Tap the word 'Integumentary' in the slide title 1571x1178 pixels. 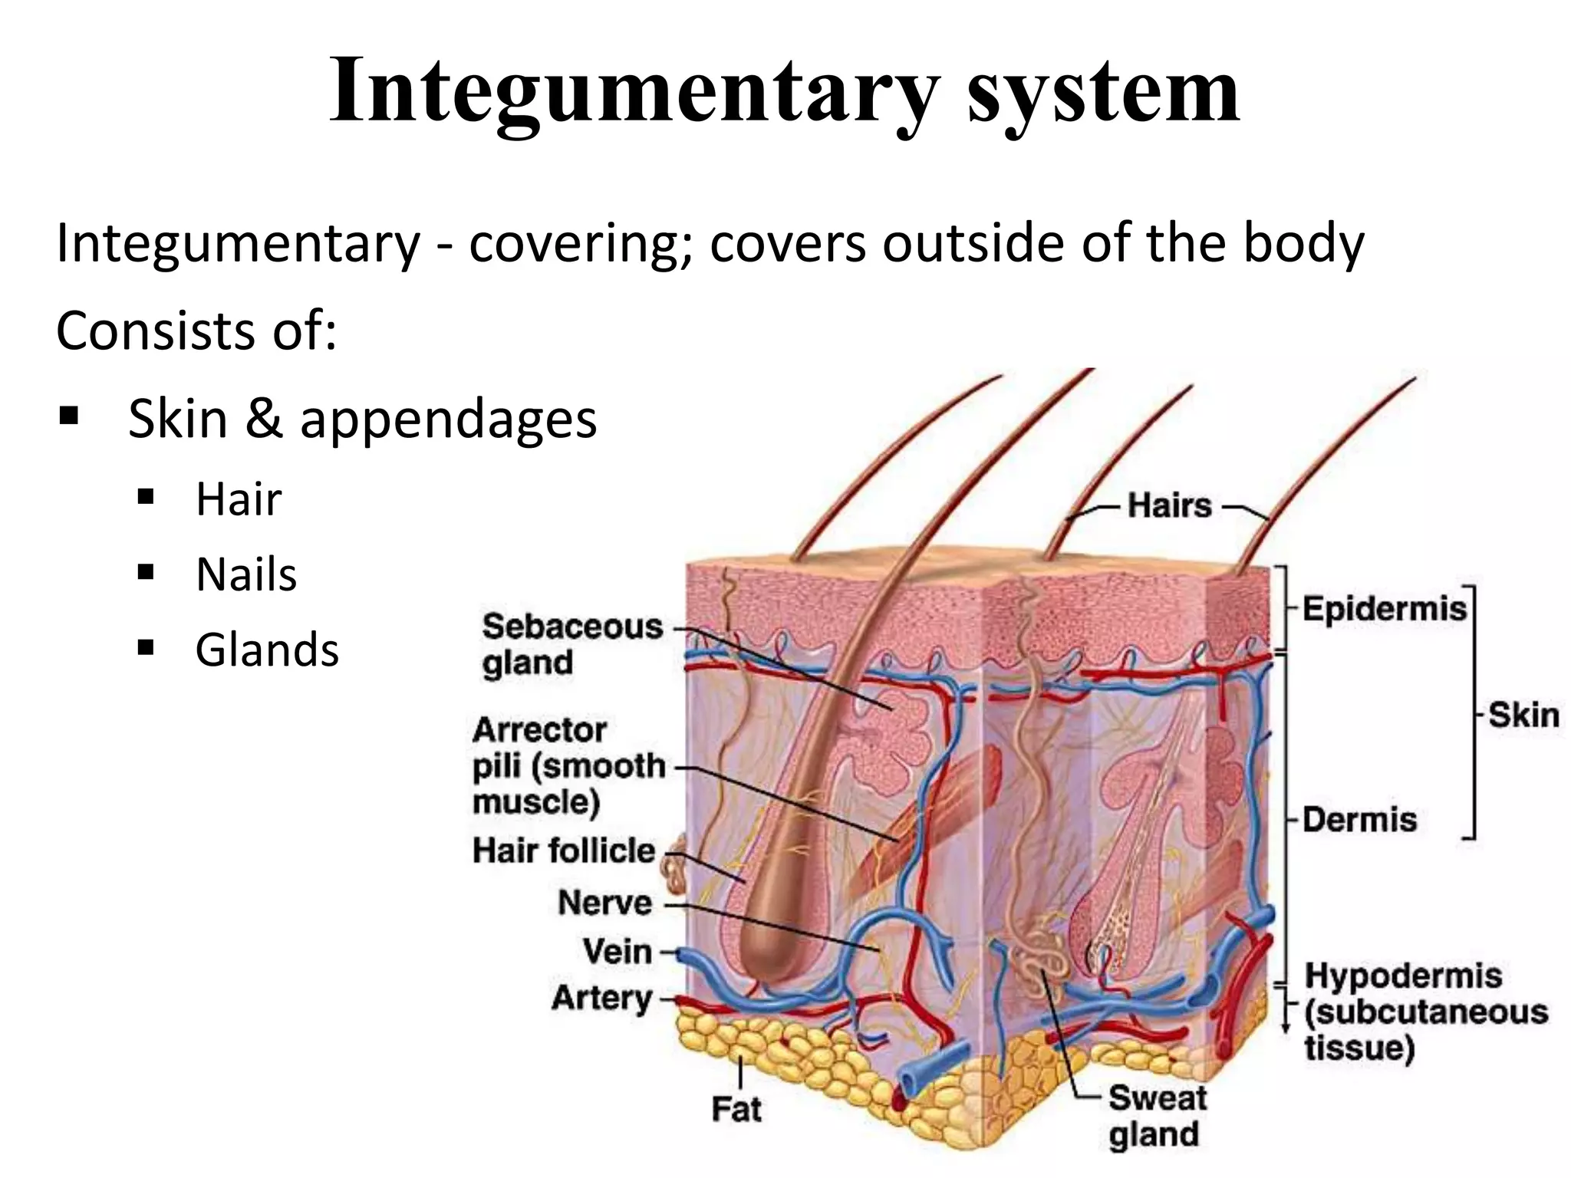point(634,92)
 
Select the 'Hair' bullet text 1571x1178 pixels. point(239,499)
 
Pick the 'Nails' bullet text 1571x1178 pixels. point(246,574)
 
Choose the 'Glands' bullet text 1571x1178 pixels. point(267,650)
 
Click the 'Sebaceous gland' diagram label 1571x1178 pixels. point(571,644)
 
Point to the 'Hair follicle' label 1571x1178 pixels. point(564,851)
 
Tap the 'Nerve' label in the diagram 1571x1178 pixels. point(605,903)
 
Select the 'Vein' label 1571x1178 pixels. point(618,952)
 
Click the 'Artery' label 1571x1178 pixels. point(602,999)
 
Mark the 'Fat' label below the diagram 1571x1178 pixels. point(736,1109)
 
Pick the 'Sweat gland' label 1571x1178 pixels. point(1157,1116)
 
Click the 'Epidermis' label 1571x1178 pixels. point(1384,609)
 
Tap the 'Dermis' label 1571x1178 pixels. point(1359,820)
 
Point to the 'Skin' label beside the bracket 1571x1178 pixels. point(1523,715)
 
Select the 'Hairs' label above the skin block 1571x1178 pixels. point(1170,506)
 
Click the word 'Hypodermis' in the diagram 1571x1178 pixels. point(1403,976)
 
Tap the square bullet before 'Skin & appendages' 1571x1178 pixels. point(69,417)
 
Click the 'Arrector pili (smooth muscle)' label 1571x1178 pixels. point(568,766)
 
